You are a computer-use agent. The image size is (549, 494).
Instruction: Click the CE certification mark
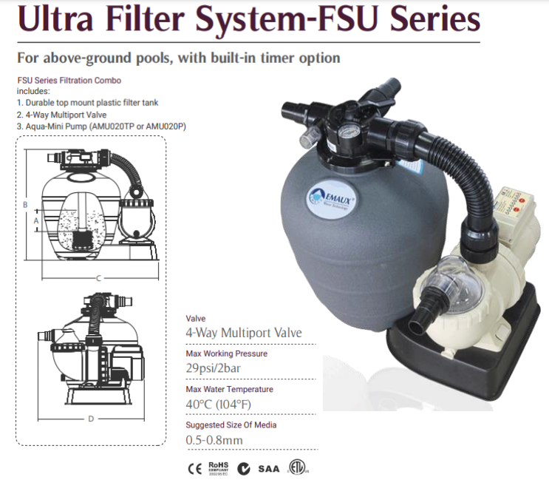point(194,469)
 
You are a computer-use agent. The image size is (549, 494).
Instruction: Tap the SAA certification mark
point(276,469)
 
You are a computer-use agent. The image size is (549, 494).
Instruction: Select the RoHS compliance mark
point(219,469)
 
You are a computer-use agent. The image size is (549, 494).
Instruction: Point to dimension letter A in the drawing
point(36,220)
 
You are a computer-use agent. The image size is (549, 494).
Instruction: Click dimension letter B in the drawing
point(25,204)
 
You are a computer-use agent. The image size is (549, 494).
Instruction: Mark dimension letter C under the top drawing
point(98,278)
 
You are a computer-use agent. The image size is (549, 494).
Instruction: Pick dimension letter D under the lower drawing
point(91,419)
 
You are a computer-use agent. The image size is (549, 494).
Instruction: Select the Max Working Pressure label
point(226,353)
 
